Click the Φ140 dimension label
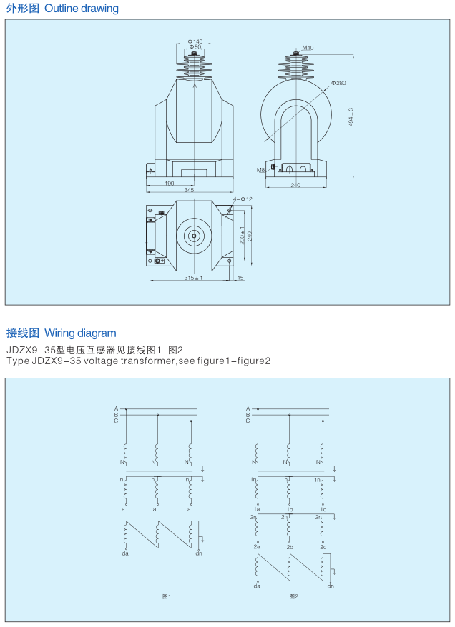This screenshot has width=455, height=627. coord(195,41)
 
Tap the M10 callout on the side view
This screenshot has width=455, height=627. coord(308,48)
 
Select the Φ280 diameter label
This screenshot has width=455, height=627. coord(338,83)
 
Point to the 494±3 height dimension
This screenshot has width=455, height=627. coord(351,117)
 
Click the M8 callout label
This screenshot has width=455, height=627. coord(260,170)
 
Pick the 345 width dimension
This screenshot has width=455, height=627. coord(189,189)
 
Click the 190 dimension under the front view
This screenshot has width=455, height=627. coord(170,183)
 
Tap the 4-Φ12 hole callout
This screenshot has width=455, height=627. coord(243,199)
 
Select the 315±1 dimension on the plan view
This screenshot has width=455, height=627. coord(193,278)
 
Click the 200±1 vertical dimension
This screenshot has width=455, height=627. coord(243,235)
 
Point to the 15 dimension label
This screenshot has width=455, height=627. coord(240,278)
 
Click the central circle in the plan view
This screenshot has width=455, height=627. coord(194,236)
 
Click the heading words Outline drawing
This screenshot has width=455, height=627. coord(82,9)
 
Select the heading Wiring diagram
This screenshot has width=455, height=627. coord(80,333)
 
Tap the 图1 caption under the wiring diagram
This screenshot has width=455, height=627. coord(167,596)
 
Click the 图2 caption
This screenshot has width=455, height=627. coord(293,596)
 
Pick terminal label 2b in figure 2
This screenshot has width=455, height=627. coord(290,546)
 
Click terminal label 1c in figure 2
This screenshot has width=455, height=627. coord(323,509)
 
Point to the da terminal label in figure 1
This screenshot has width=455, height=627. coord(125,553)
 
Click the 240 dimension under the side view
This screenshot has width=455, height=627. coord(295,185)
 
